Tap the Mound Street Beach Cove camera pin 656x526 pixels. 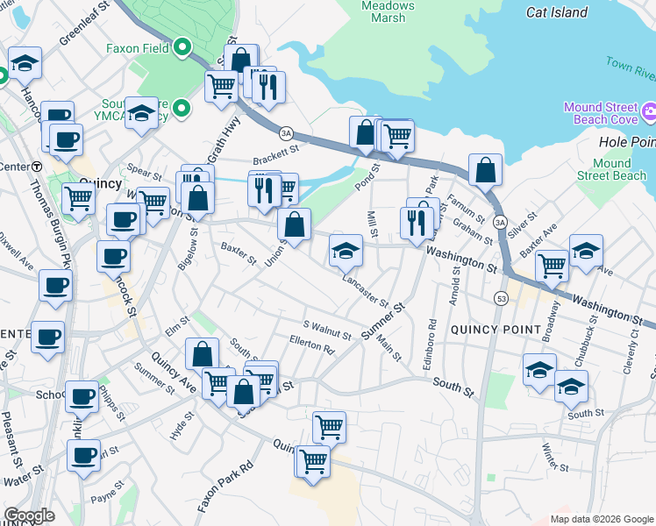pyautogui.click(x=649, y=111)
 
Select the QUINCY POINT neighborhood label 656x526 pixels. pyautogui.click(x=496, y=329)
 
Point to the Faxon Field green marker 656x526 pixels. pyautogui.click(x=183, y=46)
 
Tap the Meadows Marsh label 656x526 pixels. pyautogui.click(x=388, y=11)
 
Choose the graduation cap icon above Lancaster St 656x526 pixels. pyautogui.click(x=346, y=252)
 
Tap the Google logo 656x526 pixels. pyautogui.click(x=29, y=515)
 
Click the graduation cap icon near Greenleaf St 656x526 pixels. pyautogui.click(x=26, y=63)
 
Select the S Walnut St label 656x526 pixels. pyautogui.click(x=326, y=329)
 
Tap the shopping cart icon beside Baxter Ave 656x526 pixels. pyautogui.click(x=552, y=264)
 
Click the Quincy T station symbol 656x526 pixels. pyautogui.click(x=37, y=167)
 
